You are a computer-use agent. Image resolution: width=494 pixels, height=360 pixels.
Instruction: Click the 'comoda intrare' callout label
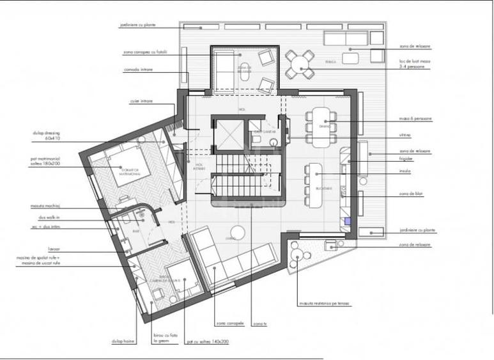coord(138,70)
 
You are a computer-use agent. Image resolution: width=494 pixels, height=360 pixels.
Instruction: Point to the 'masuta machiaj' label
coord(43,207)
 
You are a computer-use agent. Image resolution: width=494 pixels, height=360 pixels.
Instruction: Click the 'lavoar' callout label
coord(36,249)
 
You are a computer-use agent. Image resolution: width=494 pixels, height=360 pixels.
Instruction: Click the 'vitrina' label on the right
coord(403,136)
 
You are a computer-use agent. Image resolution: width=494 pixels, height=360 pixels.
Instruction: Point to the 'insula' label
coord(403,171)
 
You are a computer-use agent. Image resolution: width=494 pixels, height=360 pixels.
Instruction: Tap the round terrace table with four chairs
coord(299,63)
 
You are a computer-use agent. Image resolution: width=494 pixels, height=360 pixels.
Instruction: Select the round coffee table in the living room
coord(238,231)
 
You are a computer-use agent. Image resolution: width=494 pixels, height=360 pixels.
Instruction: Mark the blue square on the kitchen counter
coord(347,221)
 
